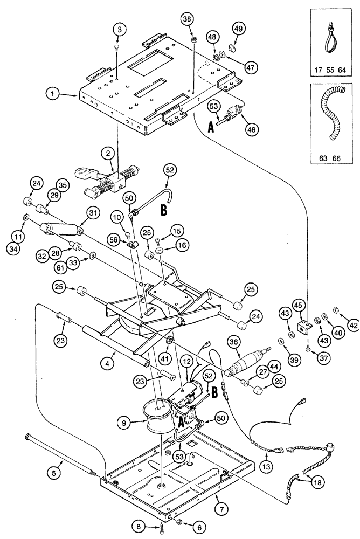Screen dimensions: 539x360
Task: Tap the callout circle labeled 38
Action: [x=187, y=20]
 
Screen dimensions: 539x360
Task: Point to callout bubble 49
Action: [x=239, y=29]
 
